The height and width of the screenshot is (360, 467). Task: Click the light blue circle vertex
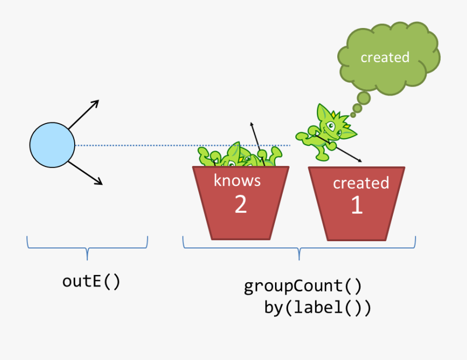coord(52,145)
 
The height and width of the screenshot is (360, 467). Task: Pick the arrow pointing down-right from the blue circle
coord(85,172)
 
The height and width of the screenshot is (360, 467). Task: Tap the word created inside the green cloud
coord(385,57)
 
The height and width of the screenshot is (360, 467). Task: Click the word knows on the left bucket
coord(237,181)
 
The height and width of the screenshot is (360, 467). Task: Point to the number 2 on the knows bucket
coord(240,204)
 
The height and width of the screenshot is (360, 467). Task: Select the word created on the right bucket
coord(361,183)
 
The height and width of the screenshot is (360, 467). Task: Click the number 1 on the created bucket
coord(357,205)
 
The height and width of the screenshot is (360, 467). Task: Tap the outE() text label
coord(91,281)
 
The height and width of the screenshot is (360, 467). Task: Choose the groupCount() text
coord(303,286)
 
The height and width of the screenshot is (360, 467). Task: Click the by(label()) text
coord(318,308)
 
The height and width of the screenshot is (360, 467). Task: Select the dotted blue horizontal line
coord(156,145)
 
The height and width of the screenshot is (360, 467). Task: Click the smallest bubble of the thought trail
coord(353,115)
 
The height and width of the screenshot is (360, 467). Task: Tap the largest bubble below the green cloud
coord(363,98)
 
